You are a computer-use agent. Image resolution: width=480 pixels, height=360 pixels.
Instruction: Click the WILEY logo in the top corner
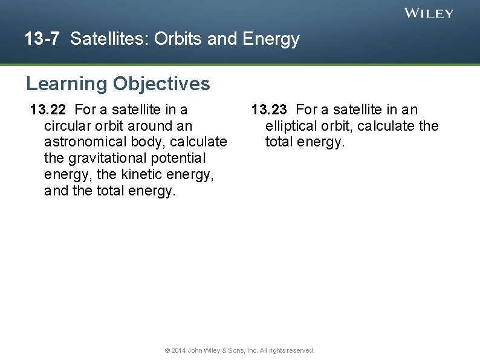[x=429, y=13]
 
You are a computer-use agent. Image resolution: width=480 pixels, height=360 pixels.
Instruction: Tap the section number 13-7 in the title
[x=42, y=39]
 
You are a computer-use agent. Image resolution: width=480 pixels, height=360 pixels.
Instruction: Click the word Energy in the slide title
[x=271, y=39]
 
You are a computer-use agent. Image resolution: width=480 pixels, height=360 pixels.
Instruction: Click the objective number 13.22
[x=49, y=110]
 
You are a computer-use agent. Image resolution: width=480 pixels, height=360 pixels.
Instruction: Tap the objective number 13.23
[x=270, y=110]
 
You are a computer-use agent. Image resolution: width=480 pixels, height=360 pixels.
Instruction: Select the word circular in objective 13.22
[x=66, y=126]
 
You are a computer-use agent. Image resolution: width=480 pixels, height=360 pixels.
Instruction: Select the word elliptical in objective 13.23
[x=289, y=126]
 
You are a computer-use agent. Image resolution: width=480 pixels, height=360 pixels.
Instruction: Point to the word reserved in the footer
[x=300, y=350]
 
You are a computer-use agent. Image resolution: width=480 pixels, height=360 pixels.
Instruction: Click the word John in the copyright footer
[x=195, y=350]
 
